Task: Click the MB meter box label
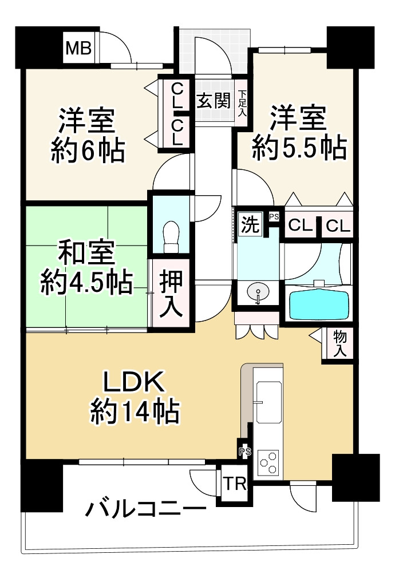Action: click(x=78, y=49)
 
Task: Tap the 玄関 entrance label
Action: click(x=214, y=102)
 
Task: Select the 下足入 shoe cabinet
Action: click(x=242, y=103)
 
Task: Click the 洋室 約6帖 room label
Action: click(x=88, y=135)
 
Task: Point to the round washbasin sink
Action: click(x=258, y=294)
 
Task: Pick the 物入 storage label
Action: click(x=339, y=344)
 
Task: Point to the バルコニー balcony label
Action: click(x=146, y=509)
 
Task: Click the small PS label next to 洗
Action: click(x=274, y=216)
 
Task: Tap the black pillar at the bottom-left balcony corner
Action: click(x=41, y=486)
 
